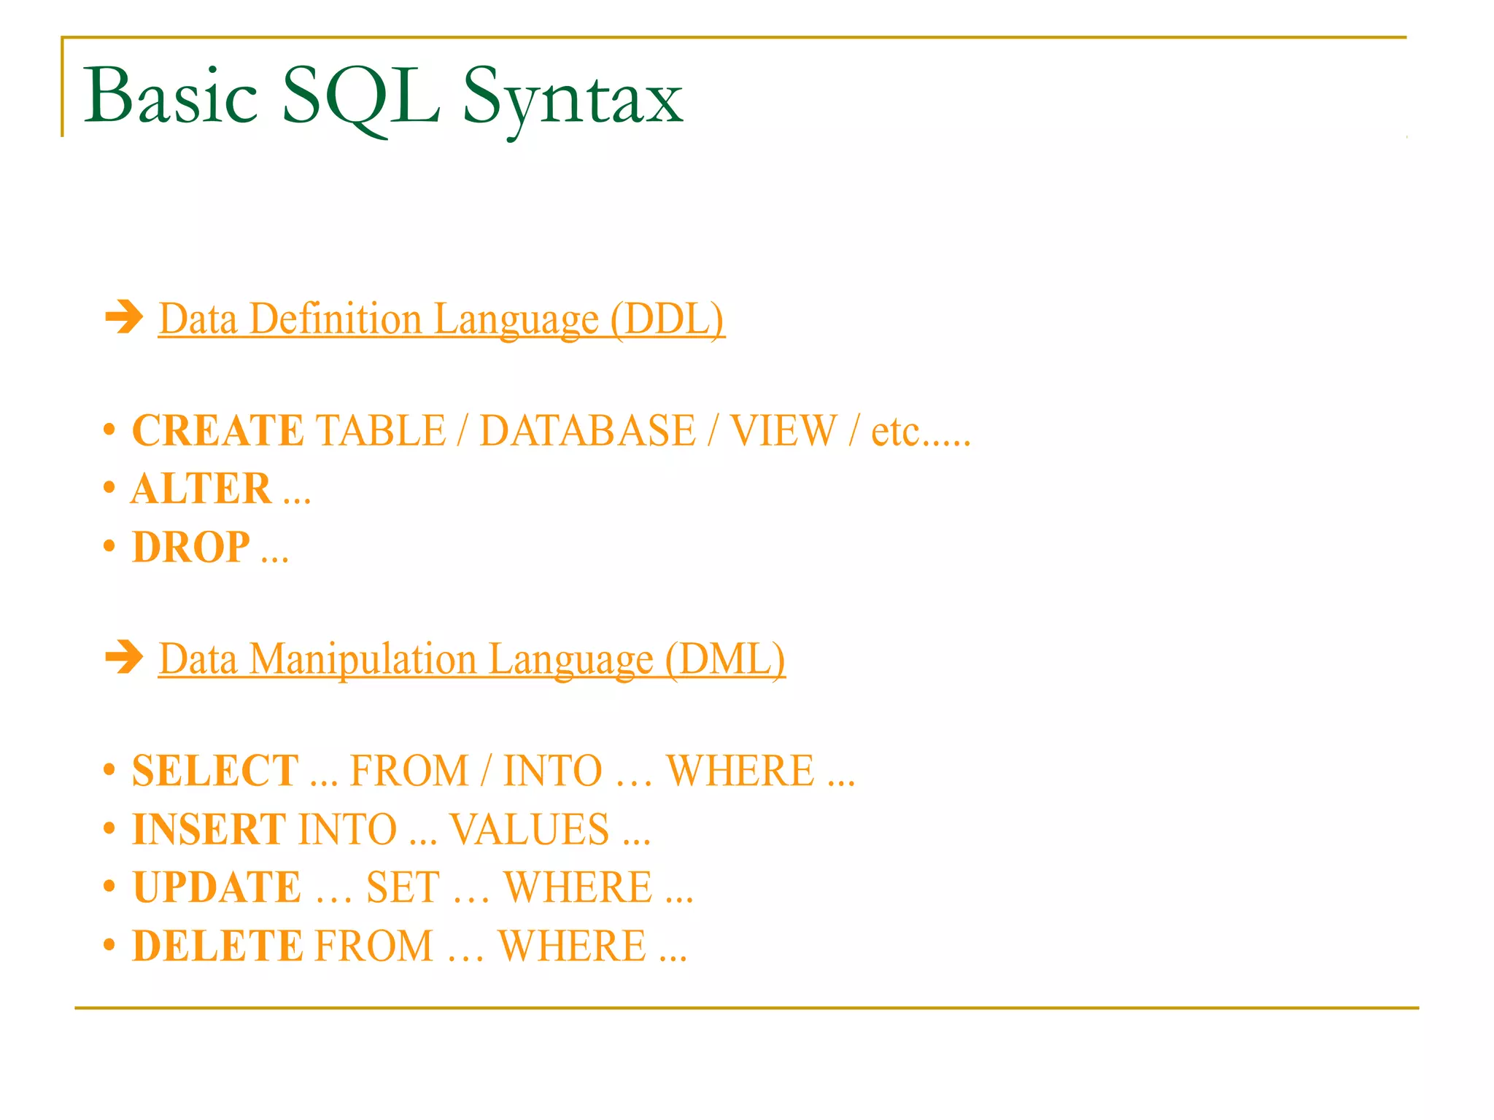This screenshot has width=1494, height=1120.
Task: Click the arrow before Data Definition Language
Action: click(x=124, y=317)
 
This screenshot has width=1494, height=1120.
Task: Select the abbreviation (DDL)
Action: click(x=667, y=319)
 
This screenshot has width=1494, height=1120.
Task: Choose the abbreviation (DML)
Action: click(x=724, y=659)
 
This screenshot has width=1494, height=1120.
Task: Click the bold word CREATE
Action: click(x=217, y=430)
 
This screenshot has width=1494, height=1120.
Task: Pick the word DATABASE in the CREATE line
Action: click(x=587, y=430)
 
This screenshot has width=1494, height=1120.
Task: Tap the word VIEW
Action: click(x=783, y=430)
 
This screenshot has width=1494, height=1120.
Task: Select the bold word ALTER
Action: click(x=201, y=489)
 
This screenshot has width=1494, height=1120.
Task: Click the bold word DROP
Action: click(x=191, y=547)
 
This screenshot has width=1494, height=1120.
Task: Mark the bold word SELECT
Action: click(x=215, y=771)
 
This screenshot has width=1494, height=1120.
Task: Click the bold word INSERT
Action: click(x=209, y=829)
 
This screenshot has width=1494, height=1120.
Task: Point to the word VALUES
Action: click(x=530, y=829)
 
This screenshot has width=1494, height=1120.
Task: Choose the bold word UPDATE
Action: click(x=217, y=887)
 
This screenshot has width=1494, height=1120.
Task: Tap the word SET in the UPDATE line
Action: click(x=403, y=887)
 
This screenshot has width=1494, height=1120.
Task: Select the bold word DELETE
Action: click(x=217, y=946)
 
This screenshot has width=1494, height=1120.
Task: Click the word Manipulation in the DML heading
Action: click(x=363, y=659)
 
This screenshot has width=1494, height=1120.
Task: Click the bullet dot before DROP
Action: click(x=109, y=546)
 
